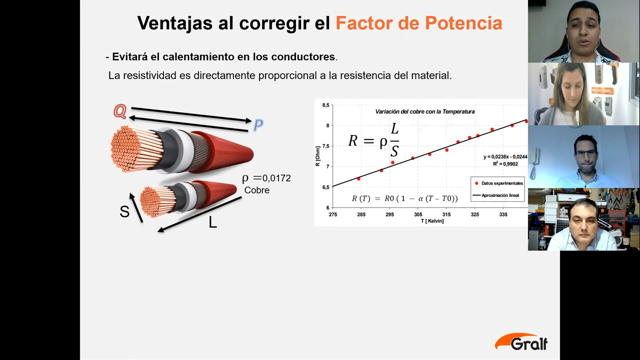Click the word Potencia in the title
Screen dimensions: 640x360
click(463, 23)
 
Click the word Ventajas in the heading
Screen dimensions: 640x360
click(174, 23)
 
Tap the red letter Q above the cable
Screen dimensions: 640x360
click(120, 111)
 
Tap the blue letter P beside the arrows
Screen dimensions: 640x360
click(258, 125)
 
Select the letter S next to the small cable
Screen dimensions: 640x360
click(124, 211)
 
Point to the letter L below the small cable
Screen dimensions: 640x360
click(213, 222)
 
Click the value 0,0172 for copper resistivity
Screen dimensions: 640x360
click(276, 178)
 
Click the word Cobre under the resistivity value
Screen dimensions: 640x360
click(257, 190)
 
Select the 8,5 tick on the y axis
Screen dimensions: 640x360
click(325, 105)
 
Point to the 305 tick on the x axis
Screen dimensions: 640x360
click(418, 214)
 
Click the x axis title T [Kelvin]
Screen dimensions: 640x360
click(432, 221)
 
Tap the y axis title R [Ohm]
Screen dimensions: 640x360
click(317, 156)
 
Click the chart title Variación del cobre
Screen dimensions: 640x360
click(425, 111)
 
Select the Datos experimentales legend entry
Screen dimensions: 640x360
click(499, 183)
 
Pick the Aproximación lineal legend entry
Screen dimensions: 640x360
click(496, 195)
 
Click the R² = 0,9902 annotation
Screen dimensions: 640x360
click(505, 164)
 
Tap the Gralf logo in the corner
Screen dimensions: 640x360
click(521, 341)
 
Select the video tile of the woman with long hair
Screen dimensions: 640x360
click(583, 94)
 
